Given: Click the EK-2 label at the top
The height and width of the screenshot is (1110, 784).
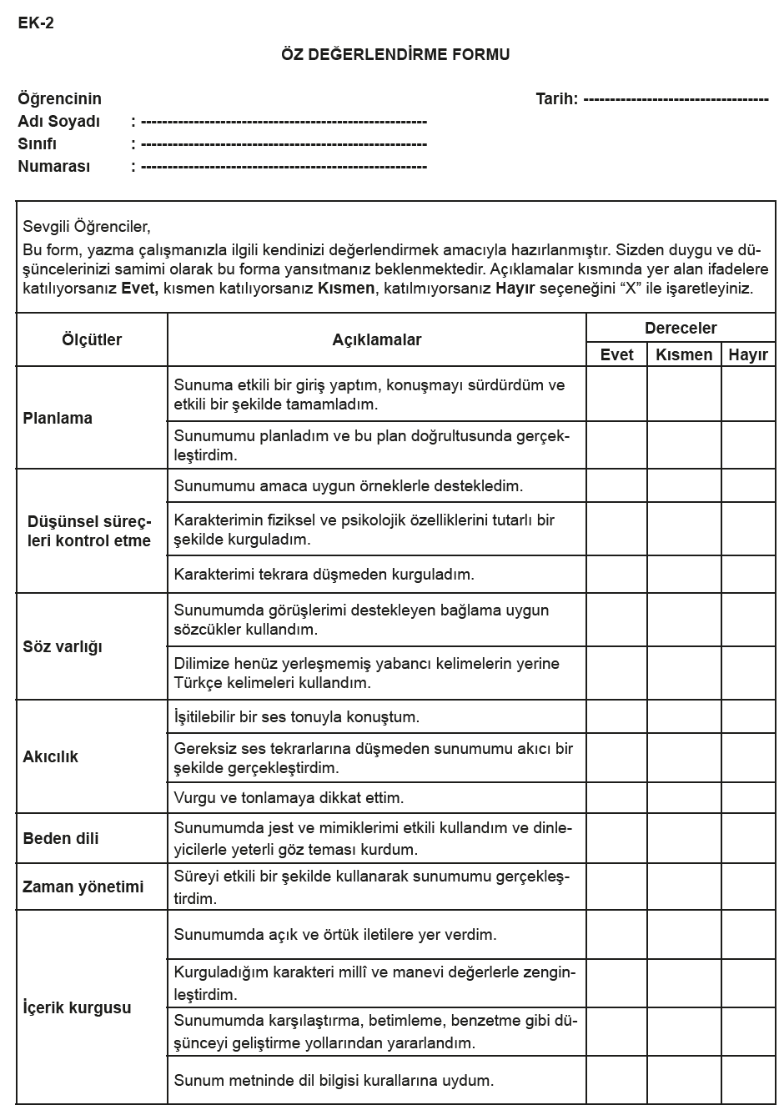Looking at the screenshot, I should coord(36,23).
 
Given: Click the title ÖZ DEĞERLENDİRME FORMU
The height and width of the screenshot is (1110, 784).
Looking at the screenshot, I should coord(395,55).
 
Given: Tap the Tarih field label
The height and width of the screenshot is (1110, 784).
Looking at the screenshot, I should coord(556,99).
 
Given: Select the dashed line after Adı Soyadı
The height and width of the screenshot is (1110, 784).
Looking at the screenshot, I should coord(284,122).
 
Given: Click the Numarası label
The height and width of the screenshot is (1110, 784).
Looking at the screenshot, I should coord(53,167).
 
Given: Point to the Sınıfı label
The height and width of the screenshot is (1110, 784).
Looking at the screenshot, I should coord(38,144).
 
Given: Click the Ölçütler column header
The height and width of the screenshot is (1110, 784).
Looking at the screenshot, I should coord(92,340).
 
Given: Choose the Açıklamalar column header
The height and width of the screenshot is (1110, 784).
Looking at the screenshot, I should coord(377,340).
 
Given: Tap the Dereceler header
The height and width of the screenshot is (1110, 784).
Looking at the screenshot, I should coord(681,329).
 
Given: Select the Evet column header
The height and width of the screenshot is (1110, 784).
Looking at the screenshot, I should coord(617,354).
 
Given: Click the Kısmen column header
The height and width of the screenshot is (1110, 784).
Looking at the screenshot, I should coord(684,354).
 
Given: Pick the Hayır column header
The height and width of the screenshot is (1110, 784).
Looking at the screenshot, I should coord(748,354).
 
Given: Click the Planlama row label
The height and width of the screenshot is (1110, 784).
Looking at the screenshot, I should coord(58,419).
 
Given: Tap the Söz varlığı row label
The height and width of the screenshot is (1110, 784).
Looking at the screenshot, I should coord(63,647).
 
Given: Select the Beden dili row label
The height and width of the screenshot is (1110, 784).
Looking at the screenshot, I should coord(61,839).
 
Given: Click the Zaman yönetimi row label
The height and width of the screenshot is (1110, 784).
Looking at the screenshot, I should coord(83,887).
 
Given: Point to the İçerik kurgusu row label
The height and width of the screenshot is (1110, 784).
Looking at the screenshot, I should coord(77,1008).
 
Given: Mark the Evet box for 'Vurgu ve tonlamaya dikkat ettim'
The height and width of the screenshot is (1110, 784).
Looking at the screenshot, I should coord(617,798).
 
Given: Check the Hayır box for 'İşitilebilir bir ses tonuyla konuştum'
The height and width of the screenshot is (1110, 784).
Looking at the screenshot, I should coord(748,717).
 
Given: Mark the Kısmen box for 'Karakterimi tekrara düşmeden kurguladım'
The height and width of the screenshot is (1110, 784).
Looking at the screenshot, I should coord(684,575).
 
